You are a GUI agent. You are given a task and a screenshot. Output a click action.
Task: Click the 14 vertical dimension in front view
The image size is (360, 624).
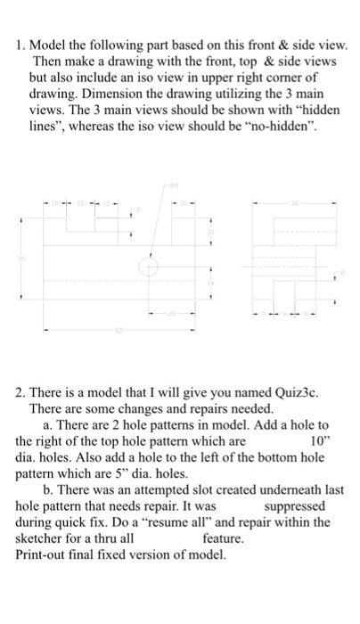coord(211,283)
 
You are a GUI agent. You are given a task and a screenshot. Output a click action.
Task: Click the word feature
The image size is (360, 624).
coord(223,538)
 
